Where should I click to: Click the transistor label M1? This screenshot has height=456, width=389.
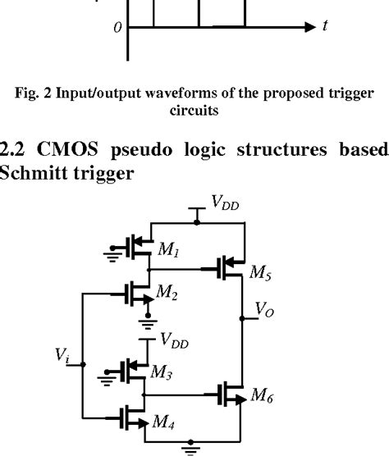pos(165,249)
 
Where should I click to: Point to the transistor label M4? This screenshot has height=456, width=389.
pos(165,422)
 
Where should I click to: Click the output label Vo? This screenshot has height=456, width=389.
pos(265,310)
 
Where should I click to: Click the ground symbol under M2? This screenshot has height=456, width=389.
pos(148,323)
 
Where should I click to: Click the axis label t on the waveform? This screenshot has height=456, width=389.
pos(326,26)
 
